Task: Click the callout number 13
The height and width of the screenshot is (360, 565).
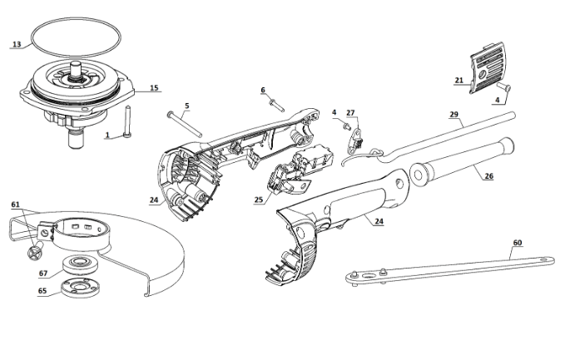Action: click(x=17, y=44)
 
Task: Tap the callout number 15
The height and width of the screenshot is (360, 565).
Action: click(x=154, y=88)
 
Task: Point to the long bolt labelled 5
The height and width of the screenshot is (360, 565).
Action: click(x=185, y=124)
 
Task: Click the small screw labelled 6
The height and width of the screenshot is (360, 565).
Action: click(x=277, y=105)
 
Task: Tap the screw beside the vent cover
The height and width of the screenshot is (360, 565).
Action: click(x=503, y=86)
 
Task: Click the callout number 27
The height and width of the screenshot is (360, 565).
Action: click(x=350, y=113)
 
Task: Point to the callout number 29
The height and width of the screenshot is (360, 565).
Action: click(x=453, y=115)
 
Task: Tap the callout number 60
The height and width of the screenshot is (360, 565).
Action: click(x=518, y=243)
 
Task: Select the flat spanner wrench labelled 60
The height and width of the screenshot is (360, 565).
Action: click(x=449, y=271)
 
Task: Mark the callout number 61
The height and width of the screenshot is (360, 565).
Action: click(x=15, y=205)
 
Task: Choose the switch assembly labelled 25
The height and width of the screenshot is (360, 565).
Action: click(x=299, y=169)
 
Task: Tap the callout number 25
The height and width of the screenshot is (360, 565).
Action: click(x=259, y=200)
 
